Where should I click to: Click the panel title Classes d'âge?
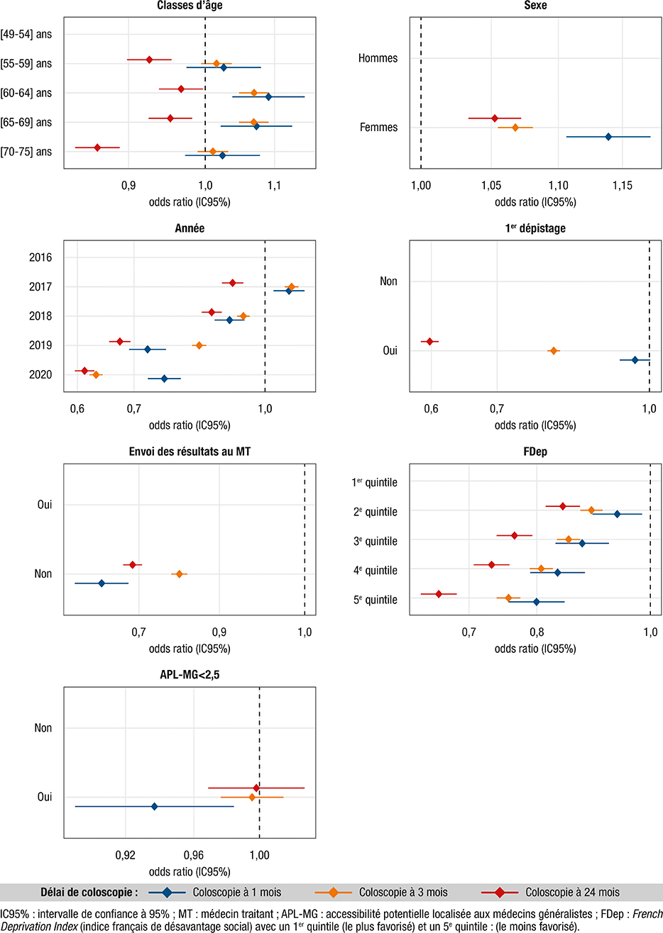pos(189,6)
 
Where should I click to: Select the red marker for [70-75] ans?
pos(97,147)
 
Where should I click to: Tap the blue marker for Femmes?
pos(608,136)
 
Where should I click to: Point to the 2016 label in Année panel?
pos(40,257)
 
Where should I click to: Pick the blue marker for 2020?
pos(164,379)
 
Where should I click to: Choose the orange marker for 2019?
pos(199,345)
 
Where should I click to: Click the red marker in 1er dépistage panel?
pos(429,342)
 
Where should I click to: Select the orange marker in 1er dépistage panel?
pos(553,351)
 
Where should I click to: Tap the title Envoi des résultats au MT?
pos(189,452)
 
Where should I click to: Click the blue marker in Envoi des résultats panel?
pos(102,583)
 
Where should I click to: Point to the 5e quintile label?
pos(375,600)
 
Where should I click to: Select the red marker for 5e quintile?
pos(438,593)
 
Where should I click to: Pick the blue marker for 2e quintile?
pos(617,514)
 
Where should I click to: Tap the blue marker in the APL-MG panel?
pos(154,806)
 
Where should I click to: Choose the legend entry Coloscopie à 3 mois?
pos(402,892)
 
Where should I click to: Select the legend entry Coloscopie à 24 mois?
pos(572,892)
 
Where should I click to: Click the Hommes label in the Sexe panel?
pos(378,58)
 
